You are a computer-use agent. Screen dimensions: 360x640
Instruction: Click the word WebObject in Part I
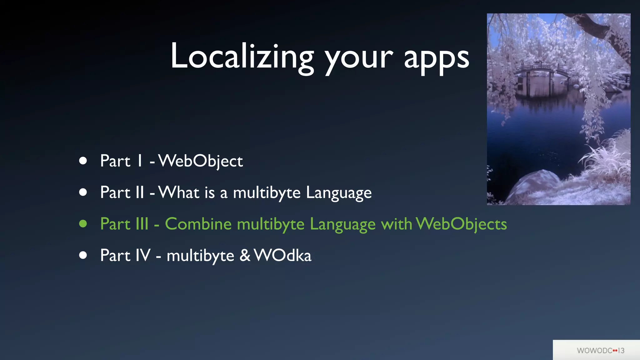click(x=201, y=161)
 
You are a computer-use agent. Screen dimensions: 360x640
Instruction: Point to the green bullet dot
click(x=83, y=224)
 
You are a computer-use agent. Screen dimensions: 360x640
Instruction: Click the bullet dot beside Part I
click(x=83, y=161)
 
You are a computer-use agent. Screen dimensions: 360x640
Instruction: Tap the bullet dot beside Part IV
click(x=83, y=255)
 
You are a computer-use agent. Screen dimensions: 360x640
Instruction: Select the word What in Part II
click(x=179, y=192)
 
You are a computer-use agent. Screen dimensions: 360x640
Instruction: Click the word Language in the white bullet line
click(x=339, y=193)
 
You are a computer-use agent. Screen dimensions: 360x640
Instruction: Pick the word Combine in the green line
click(x=198, y=224)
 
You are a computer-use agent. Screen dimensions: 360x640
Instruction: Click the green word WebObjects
click(x=461, y=224)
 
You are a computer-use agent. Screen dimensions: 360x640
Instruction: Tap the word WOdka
click(x=282, y=255)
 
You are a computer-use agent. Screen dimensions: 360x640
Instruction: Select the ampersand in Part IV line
click(x=245, y=255)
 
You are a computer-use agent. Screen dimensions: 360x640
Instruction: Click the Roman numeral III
click(x=142, y=224)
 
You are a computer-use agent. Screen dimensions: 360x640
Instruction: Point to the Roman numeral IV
click(x=143, y=255)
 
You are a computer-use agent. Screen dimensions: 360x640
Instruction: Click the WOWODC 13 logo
click(x=600, y=350)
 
